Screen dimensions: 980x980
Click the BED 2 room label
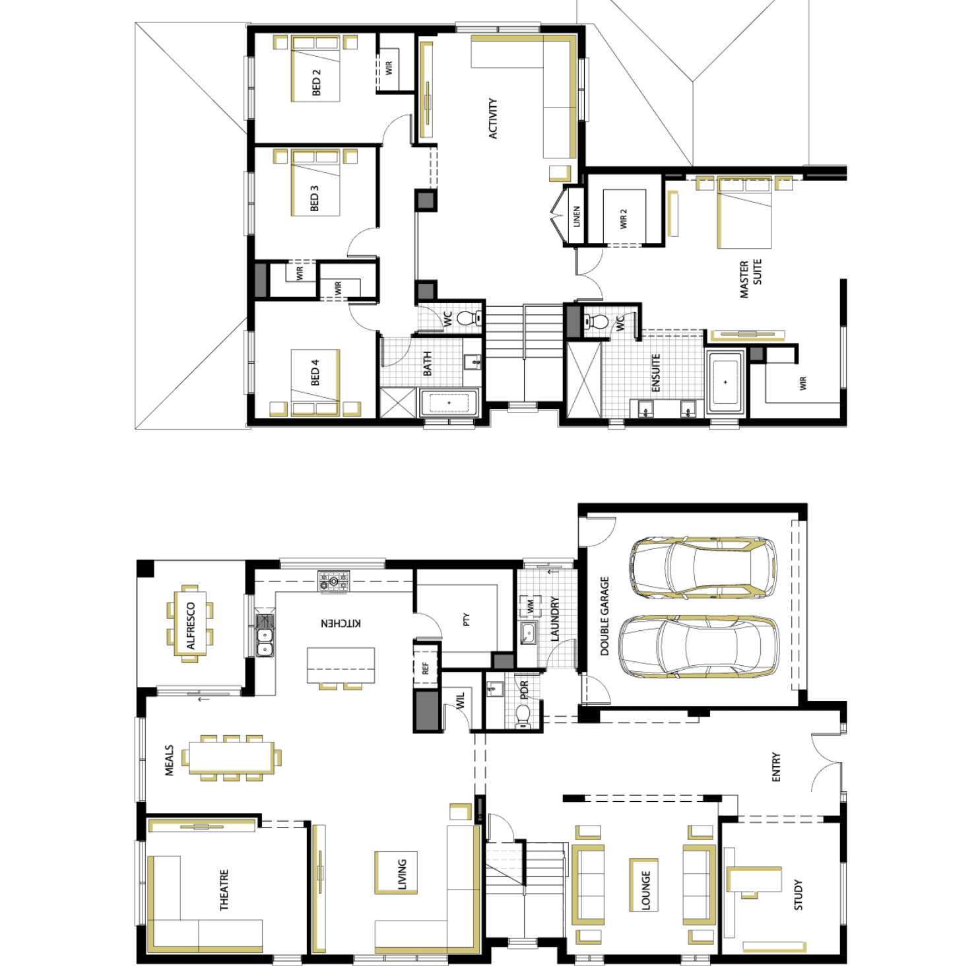point(315,82)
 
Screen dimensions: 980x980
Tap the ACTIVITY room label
point(492,119)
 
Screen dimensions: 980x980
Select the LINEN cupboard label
point(576,216)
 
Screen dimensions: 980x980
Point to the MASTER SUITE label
point(750,278)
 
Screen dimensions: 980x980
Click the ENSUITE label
point(655,373)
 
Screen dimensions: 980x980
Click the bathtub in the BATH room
point(449,403)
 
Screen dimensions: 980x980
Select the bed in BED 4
point(315,383)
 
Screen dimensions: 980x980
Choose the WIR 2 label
point(623,219)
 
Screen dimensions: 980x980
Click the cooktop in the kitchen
point(333,581)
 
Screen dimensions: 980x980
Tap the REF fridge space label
point(426,669)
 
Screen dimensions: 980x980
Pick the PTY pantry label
point(466,620)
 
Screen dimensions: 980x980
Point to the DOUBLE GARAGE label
point(604,616)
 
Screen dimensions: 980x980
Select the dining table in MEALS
point(231,758)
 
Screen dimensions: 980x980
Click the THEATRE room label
point(224,890)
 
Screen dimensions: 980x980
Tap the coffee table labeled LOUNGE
point(645,884)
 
